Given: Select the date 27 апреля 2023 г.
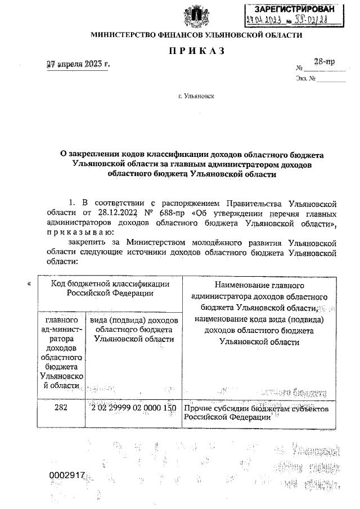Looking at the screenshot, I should [x=78, y=64].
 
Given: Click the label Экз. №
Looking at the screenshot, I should [x=304, y=79].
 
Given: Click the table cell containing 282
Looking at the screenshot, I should [x=58, y=408].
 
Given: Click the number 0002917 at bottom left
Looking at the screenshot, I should [x=67, y=475].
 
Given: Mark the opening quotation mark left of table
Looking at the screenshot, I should [x=28, y=284].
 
